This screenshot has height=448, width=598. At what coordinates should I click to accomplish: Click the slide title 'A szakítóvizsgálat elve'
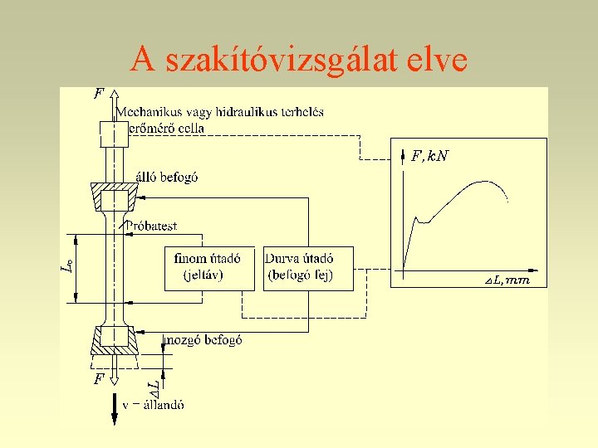click(x=299, y=59)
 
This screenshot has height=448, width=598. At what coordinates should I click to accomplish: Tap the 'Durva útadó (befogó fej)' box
click(x=307, y=267)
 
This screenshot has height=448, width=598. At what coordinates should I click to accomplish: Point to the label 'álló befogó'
click(x=166, y=177)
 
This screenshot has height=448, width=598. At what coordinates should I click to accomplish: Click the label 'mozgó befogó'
click(x=203, y=339)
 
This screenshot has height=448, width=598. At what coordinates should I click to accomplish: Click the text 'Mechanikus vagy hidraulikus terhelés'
click(x=219, y=112)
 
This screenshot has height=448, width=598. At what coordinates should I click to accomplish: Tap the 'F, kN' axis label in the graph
click(x=429, y=155)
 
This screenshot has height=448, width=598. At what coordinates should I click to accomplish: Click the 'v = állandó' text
click(x=154, y=405)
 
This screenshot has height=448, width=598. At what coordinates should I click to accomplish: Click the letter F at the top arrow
click(x=99, y=95)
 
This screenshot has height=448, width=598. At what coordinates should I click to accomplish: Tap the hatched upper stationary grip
click(x=115, y=198)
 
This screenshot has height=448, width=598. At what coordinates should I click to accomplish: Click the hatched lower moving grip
click(x=115, y=337)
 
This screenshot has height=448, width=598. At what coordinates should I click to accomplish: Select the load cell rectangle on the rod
click(x=115, y=134)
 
